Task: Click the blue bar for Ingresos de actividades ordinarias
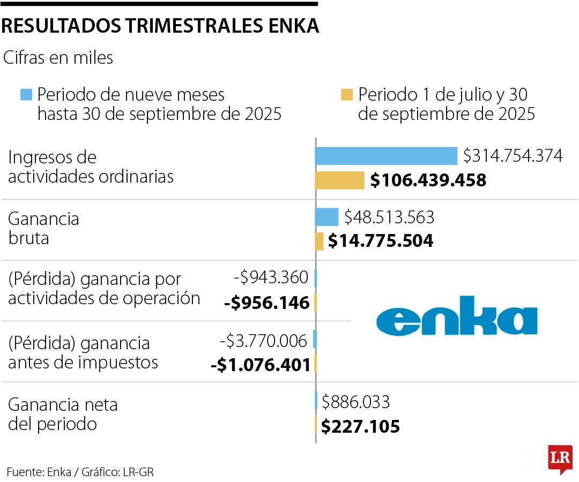(385, 156)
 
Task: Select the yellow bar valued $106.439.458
(339, 180)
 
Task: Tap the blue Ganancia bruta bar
(326, 217)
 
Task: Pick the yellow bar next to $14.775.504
(319, 241)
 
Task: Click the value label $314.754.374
(513, 156)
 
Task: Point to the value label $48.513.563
(389, 217)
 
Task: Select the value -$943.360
(271, 277)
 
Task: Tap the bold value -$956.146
(267, 303)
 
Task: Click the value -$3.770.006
(264, 340)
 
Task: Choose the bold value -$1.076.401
(261, 365)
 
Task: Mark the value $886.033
(355, 402)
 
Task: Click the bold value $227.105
(360, 427)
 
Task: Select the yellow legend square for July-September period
(347, 95)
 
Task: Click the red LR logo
(560, 458)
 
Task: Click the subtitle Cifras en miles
(58, 58)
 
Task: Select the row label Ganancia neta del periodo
(63, 414)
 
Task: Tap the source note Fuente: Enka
(40, 472)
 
